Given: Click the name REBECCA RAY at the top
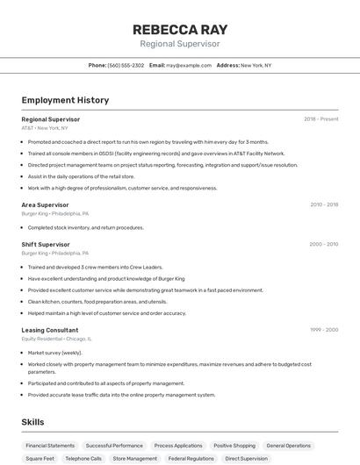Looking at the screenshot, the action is pyautogui.click(x=180, y=28).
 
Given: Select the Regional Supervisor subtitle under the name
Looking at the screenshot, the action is pyautogui.click(x=180, y=43).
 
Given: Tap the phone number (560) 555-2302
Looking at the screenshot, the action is pyautogui.click(x=126, y=66).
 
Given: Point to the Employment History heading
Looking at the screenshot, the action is pyautogui.click(x=65, y=100).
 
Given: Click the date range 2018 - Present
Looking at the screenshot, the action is pyautogui.click(x=321, y=118).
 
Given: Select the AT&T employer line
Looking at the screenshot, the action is pyautogui.click(x=45, y=128).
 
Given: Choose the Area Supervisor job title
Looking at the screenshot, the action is pyautogui.click(x=45, y=204).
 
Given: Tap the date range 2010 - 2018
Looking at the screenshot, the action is pyautogui.click(x=324, y=204).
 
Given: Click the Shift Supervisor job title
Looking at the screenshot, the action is pyautogui.click(x=46, y=244).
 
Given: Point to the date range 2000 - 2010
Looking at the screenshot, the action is pyautogui.click(x=324, y=244).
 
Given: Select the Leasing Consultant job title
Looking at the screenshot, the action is pyautogui.click(x=50, y=330).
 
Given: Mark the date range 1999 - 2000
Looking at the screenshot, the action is pyautogui.click(x=324, y=330).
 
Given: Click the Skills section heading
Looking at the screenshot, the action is pyautogui.click(x=33, y=422).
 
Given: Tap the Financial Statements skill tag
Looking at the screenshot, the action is pyautogui.click(x=50, y=446).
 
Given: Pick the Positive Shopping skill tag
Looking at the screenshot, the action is pyautogui.click(x=234, y=446).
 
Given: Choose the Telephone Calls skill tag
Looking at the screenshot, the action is pyautogui.click(x=83, y=459).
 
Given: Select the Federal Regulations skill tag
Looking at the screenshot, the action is pyautogui.click(x=191, y=459).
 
